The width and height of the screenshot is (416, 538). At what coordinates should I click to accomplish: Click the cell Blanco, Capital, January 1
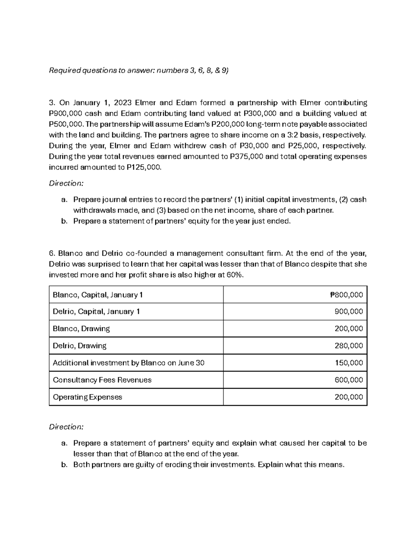tap(98, 295)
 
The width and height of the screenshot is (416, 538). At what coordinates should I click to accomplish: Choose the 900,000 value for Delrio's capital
tap(349, 311)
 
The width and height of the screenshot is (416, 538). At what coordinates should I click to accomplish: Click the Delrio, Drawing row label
tap(79, 346)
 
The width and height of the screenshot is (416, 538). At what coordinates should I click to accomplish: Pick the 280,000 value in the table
tap(349, 346)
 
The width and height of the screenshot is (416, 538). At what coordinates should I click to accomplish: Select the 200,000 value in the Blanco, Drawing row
tap(349, 328)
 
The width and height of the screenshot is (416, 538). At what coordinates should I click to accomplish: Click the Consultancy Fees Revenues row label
tap(102, 380)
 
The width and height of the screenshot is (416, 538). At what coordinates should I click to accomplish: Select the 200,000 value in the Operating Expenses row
tap(349, 397)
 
